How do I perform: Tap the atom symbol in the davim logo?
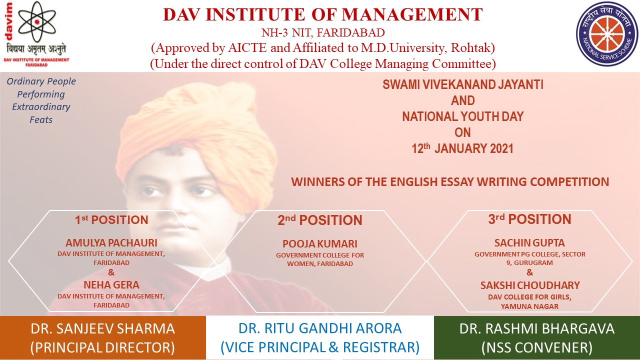(37, 21)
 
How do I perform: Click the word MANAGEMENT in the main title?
(412, 14)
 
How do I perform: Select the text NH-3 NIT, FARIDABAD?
(323, 33)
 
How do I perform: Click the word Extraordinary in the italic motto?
(41, 107)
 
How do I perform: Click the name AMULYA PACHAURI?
(111, 243)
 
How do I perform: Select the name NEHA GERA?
(111, 285)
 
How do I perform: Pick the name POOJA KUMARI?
(320, 244)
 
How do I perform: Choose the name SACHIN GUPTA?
(529, 243)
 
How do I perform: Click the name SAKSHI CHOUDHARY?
(530, 285)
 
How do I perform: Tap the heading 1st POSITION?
(111, 219)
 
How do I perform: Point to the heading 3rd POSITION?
(529, 219)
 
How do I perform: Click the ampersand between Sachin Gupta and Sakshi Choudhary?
(529, 272)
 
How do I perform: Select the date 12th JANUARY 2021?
(462, 148)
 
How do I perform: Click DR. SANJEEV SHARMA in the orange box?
(103, 328)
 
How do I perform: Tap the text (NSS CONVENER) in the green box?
(537, 347)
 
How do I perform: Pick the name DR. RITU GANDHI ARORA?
(320, 328)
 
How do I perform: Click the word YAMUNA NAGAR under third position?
(529, 306)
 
